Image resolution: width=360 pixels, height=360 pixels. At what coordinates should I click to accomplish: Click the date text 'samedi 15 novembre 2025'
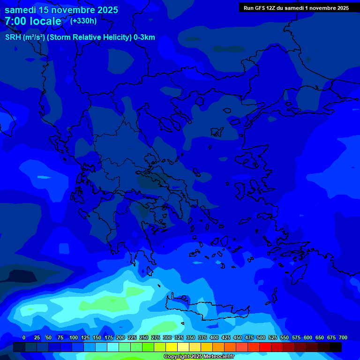click(x=61, y=10)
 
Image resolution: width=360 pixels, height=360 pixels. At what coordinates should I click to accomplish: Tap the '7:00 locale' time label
click(x=33, y=21)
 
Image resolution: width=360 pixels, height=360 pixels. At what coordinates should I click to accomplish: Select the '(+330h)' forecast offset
click(x=83, y=21)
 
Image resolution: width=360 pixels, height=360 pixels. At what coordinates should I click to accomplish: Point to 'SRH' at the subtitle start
click(x=13, y=37)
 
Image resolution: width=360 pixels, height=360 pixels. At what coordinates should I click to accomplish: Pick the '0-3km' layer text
click(x=144, y=37)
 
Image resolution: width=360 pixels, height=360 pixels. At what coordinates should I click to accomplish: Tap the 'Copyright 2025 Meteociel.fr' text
click(x=198, y=357)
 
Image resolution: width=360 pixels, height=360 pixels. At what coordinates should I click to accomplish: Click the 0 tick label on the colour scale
click(x=24, y=337)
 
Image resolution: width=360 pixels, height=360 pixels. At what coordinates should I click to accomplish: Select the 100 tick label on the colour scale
click(x=74, y=337)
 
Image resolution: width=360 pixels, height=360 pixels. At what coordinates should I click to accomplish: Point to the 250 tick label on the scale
click(x=144, y=337)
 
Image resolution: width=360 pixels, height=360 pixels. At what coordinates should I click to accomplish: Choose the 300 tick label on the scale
click(x=167, y=337)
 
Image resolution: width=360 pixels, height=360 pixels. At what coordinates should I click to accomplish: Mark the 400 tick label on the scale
click(x=214, y=337)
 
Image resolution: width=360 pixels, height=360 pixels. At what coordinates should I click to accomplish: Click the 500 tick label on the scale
click(x=261, y=337)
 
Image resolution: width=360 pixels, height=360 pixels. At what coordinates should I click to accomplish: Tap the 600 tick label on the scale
click(x=308, y=337)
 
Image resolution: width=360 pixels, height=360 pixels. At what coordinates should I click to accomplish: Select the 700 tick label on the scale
click(x=343, y=337)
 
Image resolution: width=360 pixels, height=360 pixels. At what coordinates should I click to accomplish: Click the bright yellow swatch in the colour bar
click(x=172, y=347)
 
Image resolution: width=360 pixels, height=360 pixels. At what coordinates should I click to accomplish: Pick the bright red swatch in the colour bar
click(x=265, y=347)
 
